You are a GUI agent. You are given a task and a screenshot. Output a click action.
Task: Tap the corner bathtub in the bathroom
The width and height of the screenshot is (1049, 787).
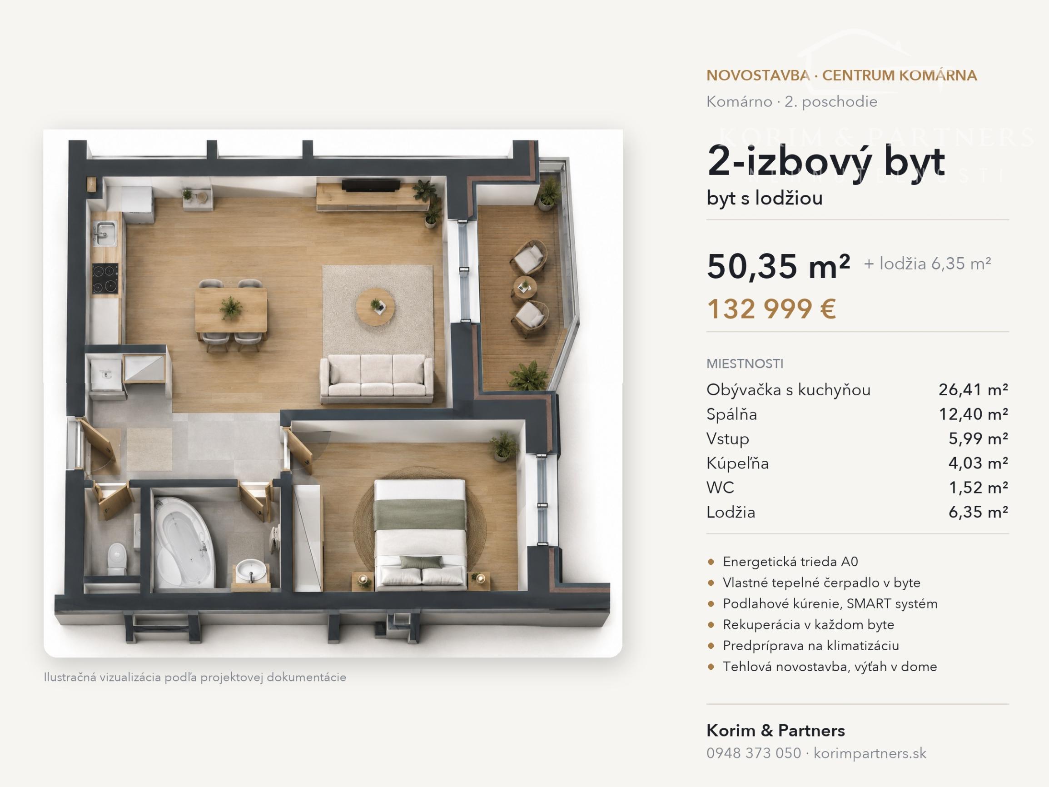(184, 541)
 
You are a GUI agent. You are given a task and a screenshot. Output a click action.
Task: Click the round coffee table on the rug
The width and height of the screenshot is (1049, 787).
(375, 306)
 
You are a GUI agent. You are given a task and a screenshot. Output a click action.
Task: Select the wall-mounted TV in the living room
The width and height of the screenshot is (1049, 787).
(370, 185)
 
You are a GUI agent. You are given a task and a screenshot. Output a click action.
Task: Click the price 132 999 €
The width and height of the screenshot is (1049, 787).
(771, 309)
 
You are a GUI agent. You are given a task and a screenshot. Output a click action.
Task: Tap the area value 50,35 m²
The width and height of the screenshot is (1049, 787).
(778, 267)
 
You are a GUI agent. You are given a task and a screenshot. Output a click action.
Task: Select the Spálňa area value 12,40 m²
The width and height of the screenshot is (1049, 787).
(973, 414)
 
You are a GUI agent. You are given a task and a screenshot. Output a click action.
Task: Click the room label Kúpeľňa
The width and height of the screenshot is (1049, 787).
(737, 463)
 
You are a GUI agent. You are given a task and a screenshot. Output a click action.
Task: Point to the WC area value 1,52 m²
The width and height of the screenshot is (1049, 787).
(978, 488)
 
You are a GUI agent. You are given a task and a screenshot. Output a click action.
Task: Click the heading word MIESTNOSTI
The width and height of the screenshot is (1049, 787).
(745, 364)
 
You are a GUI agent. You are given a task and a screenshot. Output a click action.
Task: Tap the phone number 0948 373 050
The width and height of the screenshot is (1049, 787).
(754, 753)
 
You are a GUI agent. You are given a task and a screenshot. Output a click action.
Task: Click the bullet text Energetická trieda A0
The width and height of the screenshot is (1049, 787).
(790, 562)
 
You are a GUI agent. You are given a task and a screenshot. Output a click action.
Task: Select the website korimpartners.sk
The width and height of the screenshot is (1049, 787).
(870, 753)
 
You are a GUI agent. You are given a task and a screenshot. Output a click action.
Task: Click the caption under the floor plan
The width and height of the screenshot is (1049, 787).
(195, 677)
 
